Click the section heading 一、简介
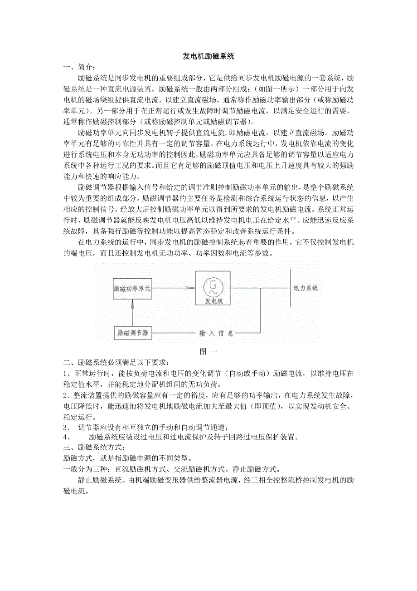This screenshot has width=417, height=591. coord(80,67)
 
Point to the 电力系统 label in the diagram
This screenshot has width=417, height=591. coord(305,288)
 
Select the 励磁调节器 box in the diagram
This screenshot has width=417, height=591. coord(132,333)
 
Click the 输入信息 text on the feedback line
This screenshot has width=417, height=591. coord(217,334)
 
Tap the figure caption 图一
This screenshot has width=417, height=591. coord(208,351)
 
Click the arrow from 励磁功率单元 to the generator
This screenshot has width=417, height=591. coord(172,288)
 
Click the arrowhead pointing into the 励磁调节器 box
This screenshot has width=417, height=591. coord(155,333)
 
